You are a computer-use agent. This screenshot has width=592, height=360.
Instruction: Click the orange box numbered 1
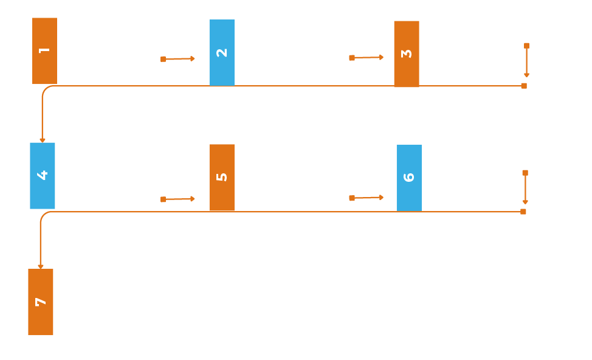click(x=44, y=51)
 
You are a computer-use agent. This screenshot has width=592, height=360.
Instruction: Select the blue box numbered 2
click(x=222, y=52)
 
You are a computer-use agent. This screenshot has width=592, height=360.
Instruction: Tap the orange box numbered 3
click(x=407, y=54)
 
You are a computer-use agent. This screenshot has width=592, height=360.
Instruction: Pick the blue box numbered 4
click(x=43, y=175)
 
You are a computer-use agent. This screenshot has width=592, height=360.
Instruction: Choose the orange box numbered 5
click(x=222, y=178)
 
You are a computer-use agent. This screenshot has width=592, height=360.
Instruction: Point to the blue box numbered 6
click(x=409, y=178)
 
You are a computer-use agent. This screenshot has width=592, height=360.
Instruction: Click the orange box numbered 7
click(x=41, y=302)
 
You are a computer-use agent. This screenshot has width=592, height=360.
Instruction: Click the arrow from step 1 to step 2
click(x=178, y=59)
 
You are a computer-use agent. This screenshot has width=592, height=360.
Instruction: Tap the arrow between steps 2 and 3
click(x=367, y=58)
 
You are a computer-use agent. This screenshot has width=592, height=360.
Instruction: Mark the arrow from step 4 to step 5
click(x=178, y=199)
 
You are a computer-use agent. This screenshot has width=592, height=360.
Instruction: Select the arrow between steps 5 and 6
click(x=367, y=198)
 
